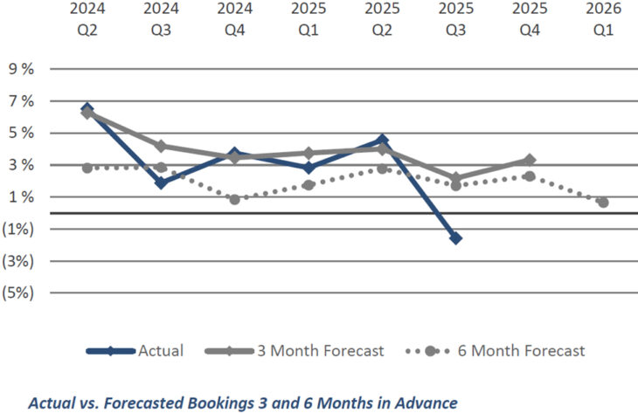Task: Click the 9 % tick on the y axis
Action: pyautogui.click(x=19, y=69)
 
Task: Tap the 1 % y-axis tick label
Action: pyautogui.click(x=19, y=196)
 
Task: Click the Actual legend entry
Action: pyautogui.click(x=160, y=351)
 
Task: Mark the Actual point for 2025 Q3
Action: pyautogui.click(x=455, y=237)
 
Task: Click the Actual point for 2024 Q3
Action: pyautogui.click(x=161, y=182)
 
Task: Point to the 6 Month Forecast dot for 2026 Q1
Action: pyautogui.click(x=603, y=203)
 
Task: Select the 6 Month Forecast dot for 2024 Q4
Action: pyautogui.click(x=234, y=199)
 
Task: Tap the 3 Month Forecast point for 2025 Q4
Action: pyautogui.click(x=530, y=160)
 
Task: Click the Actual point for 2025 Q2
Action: pyautogui.click(x=382, y=140)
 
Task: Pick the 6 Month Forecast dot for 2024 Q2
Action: pyautogui.click(x=87, y=168)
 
